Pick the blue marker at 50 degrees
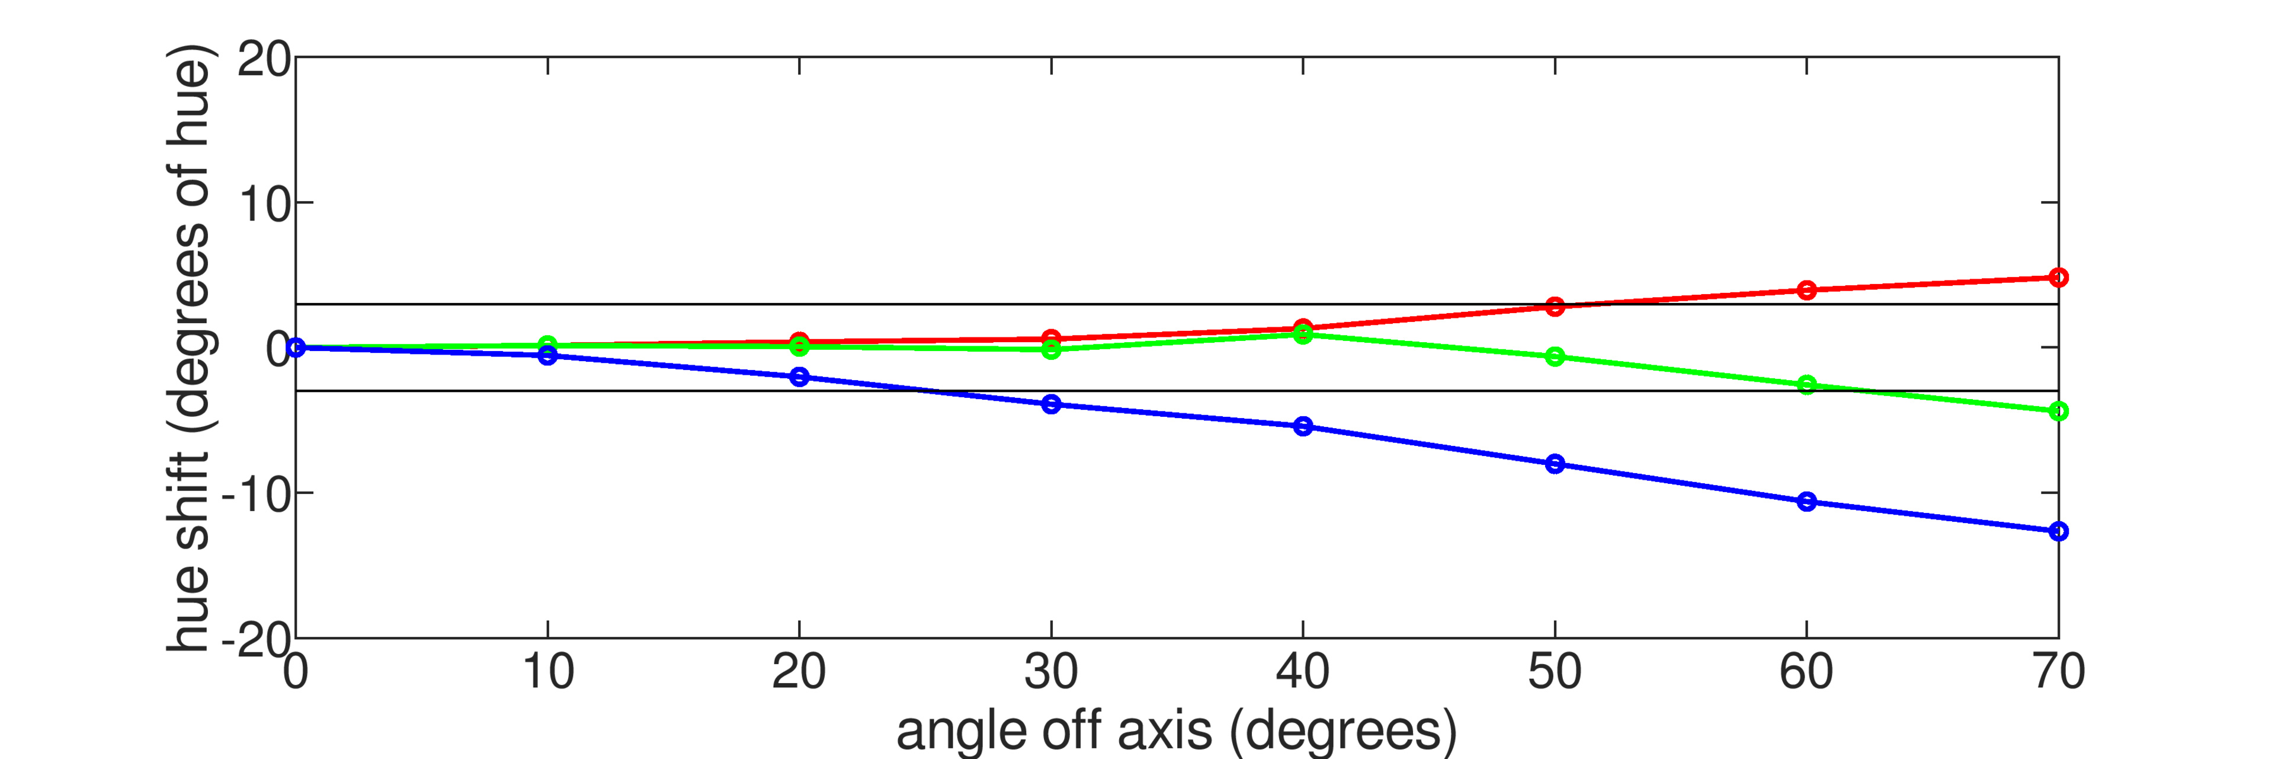(1555, 464)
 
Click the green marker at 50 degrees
(1555, 357)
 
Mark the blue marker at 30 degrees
(1051, 404)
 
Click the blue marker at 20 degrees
(799, 377)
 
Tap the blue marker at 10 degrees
(547, 355)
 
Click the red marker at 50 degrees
(1555, 307)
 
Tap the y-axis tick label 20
(263, 60)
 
